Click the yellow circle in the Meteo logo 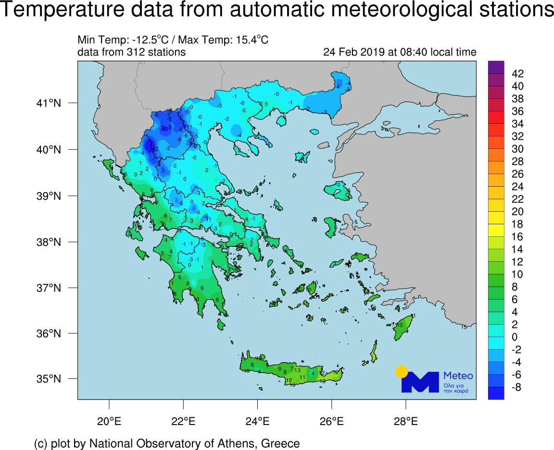[x=401, y=371]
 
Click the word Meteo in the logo [x=458, y=376]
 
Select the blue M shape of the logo [x=420, y=382]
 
